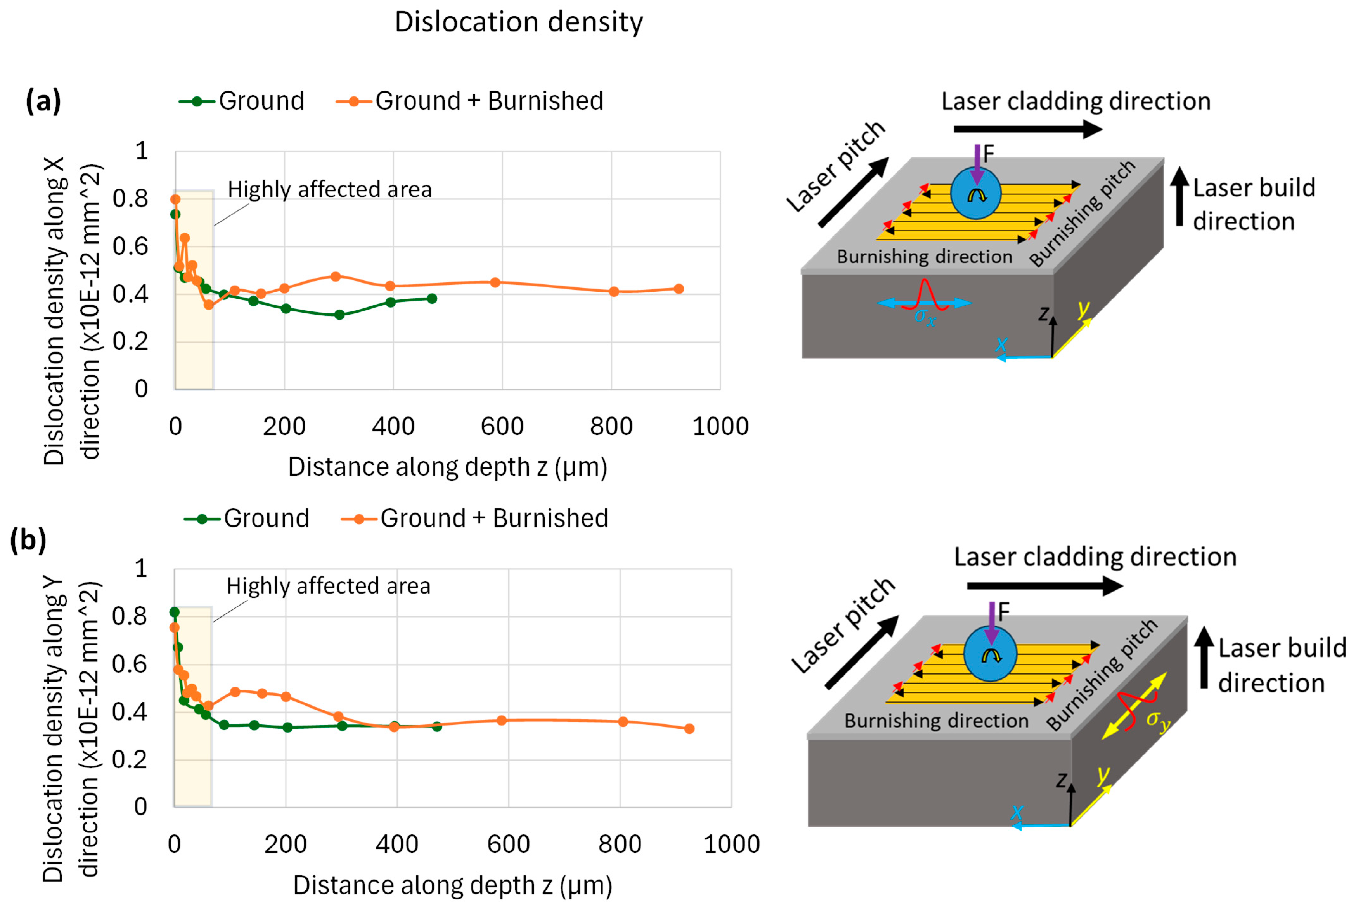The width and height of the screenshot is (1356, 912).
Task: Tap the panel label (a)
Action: [43, 101]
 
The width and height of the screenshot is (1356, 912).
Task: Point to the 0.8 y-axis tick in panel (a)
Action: [130, 199]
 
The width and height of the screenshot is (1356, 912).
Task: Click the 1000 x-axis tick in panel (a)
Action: [720, 426]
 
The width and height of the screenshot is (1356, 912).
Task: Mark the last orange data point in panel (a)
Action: [678, 288]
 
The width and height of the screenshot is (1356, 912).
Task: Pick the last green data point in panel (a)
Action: [432, 299]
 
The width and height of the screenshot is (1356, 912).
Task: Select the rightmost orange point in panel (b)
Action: [689, 728]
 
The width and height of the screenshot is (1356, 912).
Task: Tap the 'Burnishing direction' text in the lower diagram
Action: [936, 721]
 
